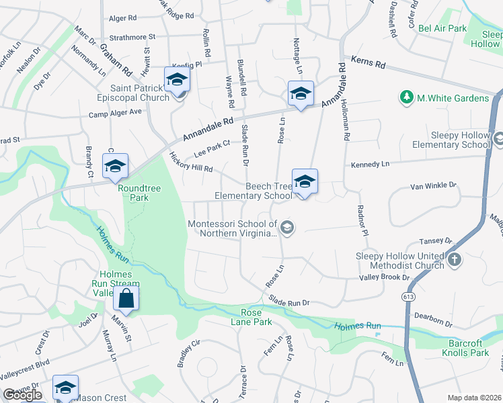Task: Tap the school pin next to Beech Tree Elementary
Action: pyautogui.click(x=305, y=181)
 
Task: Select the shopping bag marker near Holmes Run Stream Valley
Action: pyautogui.click(x=126, y=298)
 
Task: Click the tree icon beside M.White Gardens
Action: pyautogui.click(x=406, y=98)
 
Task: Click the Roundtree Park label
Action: pyautogui.click(x=139, y=193)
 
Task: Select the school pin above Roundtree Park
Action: pyautogui.click(x=115, y=166)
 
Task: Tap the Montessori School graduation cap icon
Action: pyautogui.click(x=287, y=228)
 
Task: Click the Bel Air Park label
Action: pyautogui.click(x=442, y=28)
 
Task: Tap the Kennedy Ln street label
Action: pyautogui.click(x=370, y=164)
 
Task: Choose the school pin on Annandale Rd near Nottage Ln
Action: pyautogui.click(x=300, y=93)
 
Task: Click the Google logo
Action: pyautogui.click(x=22, y=394)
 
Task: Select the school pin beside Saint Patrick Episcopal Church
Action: pyautogui.click(x=177, y=79)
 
